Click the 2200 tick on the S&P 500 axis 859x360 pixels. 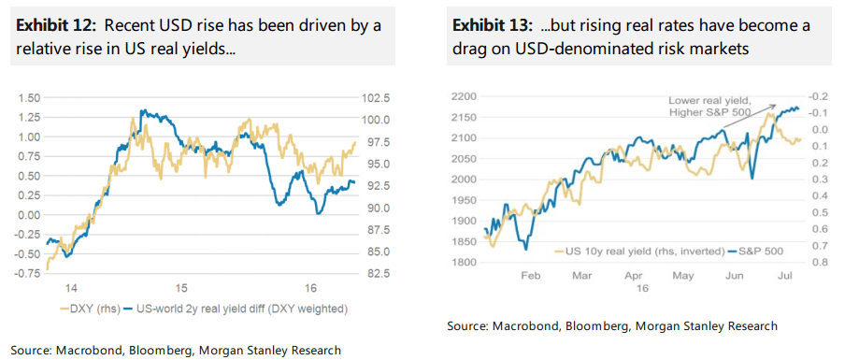[x=465, y=96]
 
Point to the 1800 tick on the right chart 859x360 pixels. [x=465, y=263]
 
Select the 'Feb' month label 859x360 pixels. [x=530, y=278]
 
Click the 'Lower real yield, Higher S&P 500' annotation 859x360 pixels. [x=717, y=107]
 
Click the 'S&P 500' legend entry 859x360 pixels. [x=758, y=252]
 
